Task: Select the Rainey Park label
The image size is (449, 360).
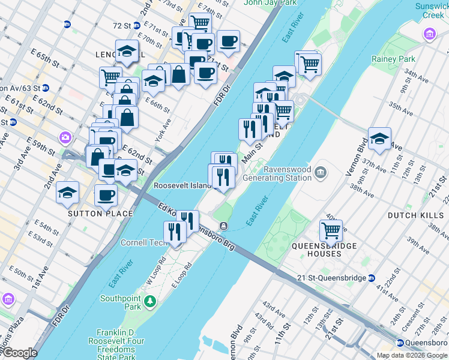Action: pos(393,59)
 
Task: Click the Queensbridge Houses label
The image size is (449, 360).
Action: pos(324,250)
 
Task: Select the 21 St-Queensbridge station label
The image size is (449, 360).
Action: pos(332,278)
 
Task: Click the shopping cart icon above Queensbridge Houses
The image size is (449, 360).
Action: pos(331,230)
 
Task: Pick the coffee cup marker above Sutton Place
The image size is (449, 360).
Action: pos(106,195)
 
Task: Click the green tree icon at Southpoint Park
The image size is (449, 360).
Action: pos(153,300)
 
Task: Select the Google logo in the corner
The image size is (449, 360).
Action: pos(20,353)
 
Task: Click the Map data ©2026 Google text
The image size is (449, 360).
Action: pos(411,355)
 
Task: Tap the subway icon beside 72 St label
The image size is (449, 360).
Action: pos(137,26)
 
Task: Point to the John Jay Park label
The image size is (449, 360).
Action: pos(270,2)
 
